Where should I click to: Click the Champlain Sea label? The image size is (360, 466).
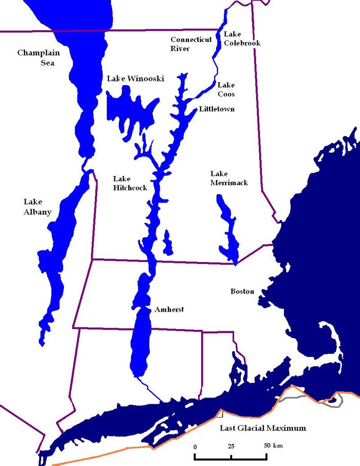(38, 58)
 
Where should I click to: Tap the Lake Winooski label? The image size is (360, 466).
(135, 79)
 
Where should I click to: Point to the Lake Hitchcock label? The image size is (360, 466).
(130, 183)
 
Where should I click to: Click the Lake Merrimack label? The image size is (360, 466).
(229, 178)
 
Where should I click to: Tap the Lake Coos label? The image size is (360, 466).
(226, 90)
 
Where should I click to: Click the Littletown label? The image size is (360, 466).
(216, 109)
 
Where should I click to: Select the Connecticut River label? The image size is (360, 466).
(191, 44)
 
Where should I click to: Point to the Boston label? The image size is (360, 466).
(242, 292)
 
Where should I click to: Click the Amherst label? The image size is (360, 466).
(169, 310)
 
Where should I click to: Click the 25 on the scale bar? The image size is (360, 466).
(231, 446)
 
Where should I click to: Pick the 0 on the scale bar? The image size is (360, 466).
(195, 446)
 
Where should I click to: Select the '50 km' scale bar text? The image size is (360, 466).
(273, 446)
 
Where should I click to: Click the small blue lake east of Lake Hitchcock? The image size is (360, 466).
(167, 243)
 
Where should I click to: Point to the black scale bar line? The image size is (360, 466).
(231, 457)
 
